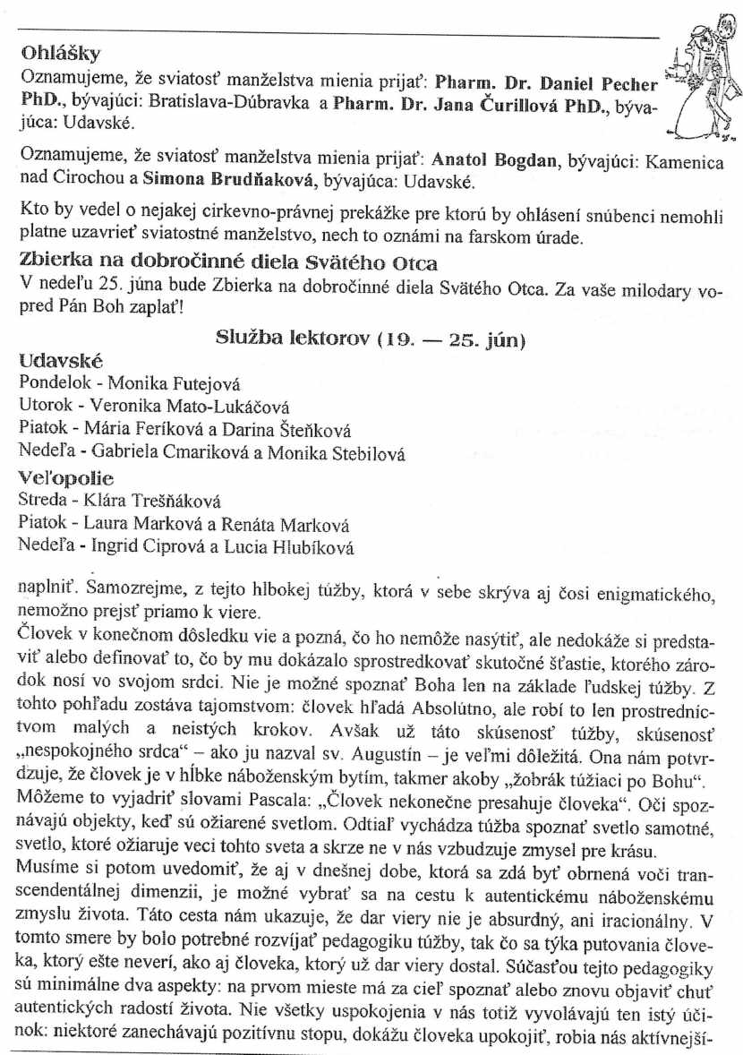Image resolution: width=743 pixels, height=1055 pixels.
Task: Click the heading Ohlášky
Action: click(60, 53)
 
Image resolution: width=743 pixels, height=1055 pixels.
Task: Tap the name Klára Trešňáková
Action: click(166, 502)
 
